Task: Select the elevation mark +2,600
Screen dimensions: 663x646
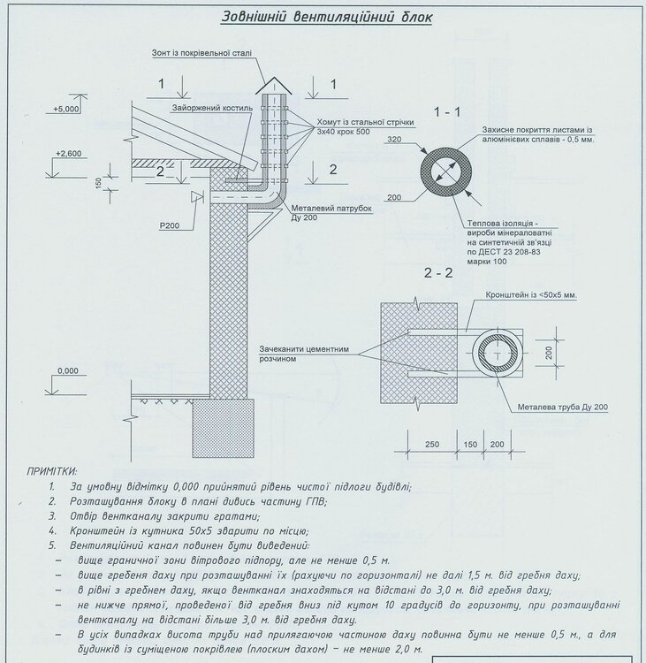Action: point(67,153)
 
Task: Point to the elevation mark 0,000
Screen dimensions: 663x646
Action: point(66,370)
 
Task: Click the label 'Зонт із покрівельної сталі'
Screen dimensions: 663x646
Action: point(201,53)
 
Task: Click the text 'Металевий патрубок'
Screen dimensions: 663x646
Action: point(331,210)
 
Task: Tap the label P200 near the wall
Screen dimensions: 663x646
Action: point(170,226)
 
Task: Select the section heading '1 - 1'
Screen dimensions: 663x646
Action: point(447,112)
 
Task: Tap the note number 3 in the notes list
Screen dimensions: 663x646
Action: point(53,515)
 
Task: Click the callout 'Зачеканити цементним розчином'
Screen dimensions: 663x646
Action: point(304,354)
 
